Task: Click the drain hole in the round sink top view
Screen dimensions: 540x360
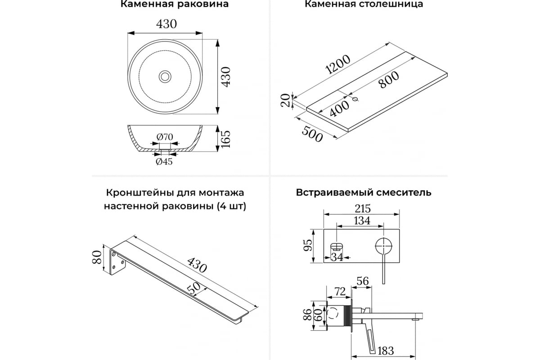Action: [165, 76]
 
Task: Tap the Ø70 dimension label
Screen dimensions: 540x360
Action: [165, 137]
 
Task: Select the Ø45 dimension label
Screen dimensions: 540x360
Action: [164, 161]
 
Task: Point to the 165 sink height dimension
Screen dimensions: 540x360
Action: [225, 139]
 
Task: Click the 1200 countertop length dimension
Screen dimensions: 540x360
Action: [338, 64]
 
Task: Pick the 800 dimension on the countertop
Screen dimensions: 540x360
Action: [389, 80]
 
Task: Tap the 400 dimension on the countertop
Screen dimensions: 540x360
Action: [339, 108]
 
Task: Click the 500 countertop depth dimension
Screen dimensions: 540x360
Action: [312, 134]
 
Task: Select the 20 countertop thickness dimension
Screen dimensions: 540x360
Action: [286, 100]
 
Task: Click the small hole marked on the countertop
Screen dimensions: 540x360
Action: [355, 99]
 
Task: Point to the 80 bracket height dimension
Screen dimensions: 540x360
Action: [97, 257]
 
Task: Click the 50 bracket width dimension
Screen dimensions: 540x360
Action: [194, 288]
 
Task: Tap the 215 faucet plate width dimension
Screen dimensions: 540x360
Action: [363, 208]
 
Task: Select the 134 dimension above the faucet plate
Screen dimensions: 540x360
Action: [362, 220]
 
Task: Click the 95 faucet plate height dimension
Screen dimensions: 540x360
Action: [308, 246]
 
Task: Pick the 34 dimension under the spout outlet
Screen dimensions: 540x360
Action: [337, 257]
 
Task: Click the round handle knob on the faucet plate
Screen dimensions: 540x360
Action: [383, 246]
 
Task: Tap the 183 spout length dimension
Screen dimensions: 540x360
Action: [386, 351]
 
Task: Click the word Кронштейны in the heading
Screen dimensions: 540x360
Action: [139, 193]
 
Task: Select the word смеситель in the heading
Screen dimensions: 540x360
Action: [404, 193]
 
